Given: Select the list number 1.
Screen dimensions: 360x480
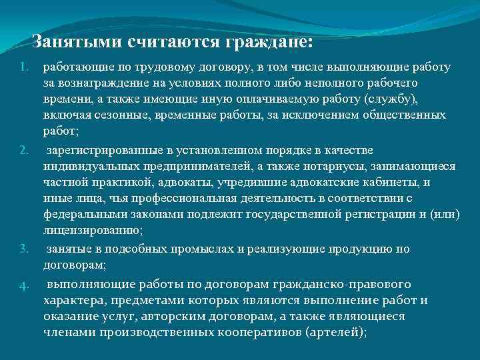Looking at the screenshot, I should (x=24, y=68).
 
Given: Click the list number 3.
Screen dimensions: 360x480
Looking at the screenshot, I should (x=24, y=250).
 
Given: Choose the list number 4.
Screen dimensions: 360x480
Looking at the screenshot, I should (x=24, y=285).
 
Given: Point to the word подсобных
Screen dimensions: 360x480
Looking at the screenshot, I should (x=130, y=249).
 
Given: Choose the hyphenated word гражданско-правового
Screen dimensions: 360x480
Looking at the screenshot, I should (x=345, y=284).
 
